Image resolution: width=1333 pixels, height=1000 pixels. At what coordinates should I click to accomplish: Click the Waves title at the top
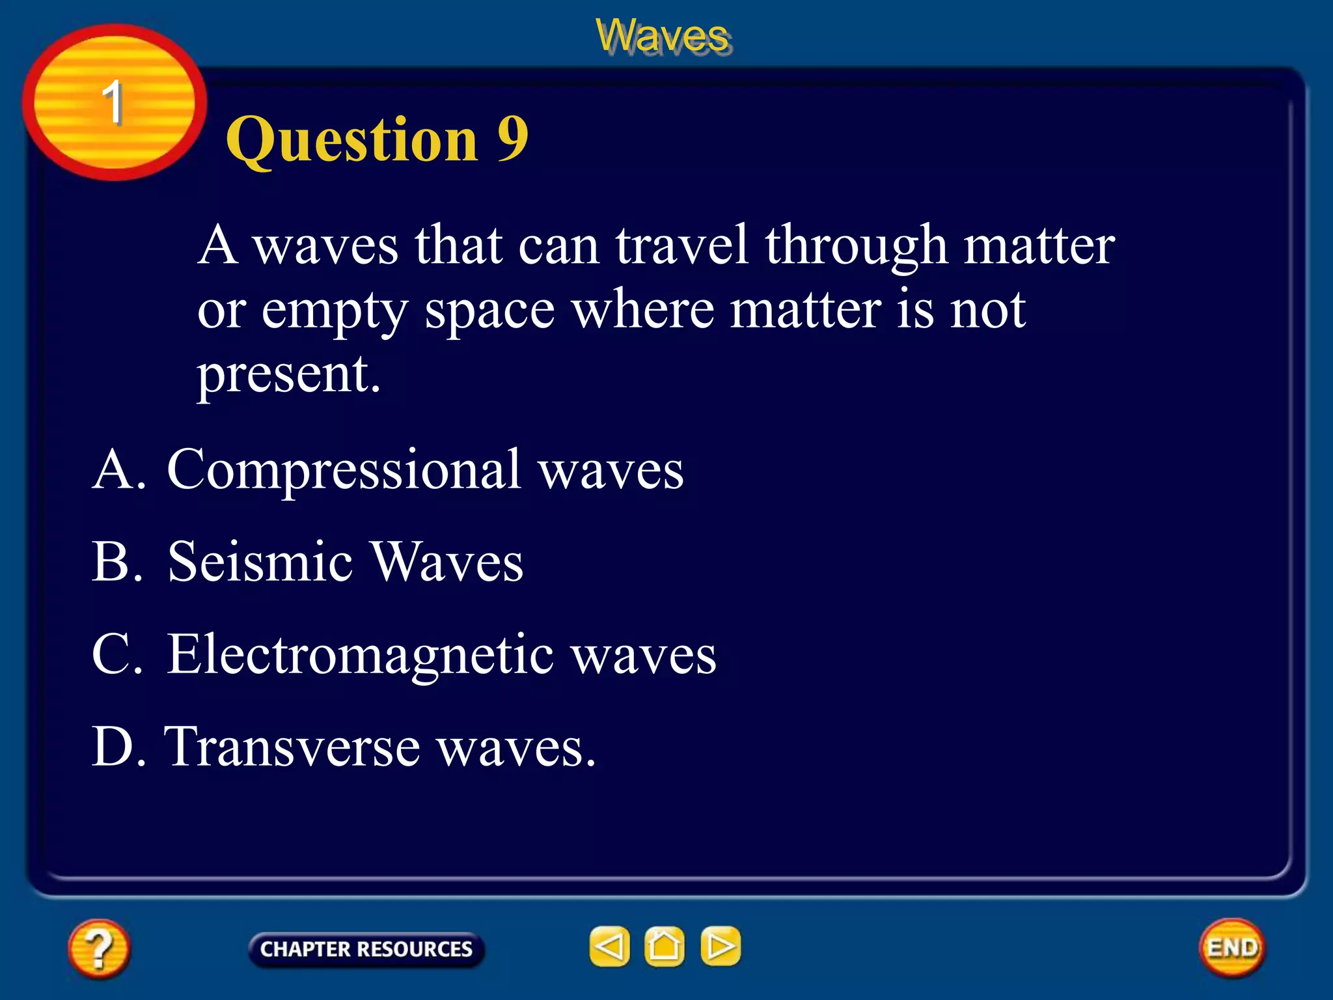(662, 36)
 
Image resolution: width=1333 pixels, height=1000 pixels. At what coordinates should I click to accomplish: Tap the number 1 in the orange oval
(113, 103)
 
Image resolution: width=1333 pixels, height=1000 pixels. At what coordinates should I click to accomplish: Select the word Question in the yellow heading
(352, 140)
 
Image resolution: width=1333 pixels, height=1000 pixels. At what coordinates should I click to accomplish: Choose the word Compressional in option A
(344, 471)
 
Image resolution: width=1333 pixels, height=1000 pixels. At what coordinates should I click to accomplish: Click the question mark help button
(98, 948)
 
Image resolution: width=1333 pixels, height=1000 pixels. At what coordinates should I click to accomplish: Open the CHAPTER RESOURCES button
(366, 949)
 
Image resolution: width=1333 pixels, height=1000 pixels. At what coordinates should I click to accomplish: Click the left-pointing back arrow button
(609, 946)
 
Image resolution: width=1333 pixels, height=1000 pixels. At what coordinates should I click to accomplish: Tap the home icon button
(664, 946)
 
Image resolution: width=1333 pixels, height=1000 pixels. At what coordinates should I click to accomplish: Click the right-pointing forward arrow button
(721, 946)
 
